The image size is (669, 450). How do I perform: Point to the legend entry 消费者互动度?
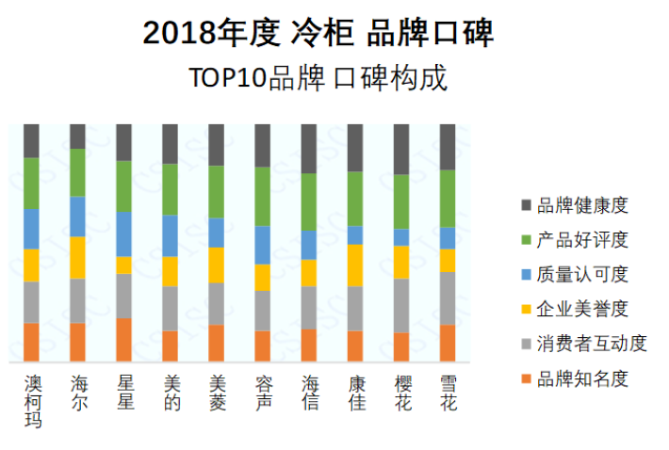coord(591,344)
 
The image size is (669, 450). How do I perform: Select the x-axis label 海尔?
coord(78,394)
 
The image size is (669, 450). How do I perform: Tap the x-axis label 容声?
coord(263,394)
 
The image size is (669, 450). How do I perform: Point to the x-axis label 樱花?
coord(402,394)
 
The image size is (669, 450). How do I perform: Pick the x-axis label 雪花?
coord(449,394)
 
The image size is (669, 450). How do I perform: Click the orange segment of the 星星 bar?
coord(124,340)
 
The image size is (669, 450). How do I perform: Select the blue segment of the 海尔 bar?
coord(78,217)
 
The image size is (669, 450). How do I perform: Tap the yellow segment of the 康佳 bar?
coord(355,265)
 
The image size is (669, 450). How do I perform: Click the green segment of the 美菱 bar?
coord(217,192)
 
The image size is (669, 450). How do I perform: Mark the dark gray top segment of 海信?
coord(309,149)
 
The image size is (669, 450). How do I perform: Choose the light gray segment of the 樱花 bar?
coord(402,306)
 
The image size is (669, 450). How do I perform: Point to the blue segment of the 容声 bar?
coord(263,245)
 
